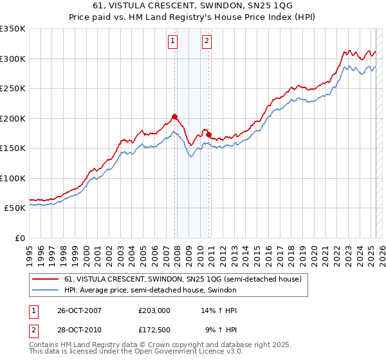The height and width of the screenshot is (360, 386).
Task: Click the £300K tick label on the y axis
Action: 13,59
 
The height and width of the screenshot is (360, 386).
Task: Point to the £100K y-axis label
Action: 13,178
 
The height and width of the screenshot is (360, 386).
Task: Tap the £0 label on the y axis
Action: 19,238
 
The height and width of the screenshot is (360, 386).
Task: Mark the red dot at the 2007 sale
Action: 174,117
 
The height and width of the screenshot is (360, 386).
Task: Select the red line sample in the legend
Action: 46,280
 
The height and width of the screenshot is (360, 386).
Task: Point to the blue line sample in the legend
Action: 46,291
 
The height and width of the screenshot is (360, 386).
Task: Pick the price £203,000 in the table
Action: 154,311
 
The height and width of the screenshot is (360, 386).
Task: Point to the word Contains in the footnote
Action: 45,345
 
